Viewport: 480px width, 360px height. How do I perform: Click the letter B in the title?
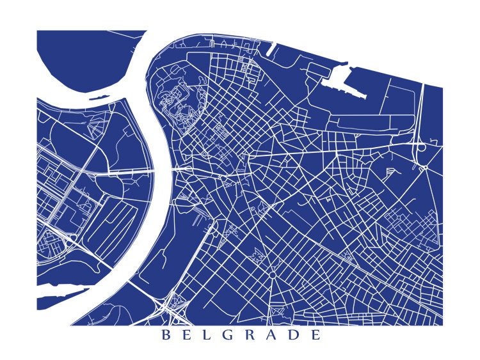(x=166, y=336)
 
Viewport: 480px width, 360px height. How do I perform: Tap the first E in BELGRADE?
(x=188, y=336)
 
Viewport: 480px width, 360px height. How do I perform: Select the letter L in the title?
(x=209, y=336)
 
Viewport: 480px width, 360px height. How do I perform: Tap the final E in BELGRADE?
(x=317, y=336)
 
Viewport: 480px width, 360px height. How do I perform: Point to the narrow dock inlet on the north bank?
(x=272, y=49)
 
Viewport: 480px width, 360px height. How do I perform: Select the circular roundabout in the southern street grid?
(x=272, y=275)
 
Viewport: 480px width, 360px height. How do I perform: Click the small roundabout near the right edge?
(x=424, y=168)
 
